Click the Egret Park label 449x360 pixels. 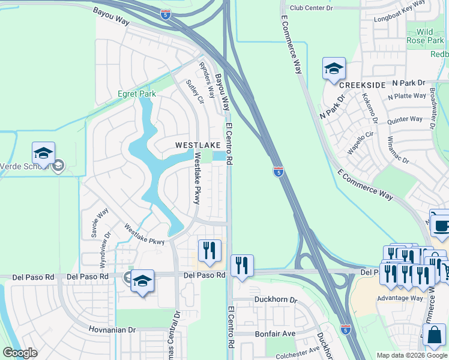tap(136, 94)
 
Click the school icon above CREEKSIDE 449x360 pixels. tap(334, 69)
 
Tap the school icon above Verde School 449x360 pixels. tap(43, 154)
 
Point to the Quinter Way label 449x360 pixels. tap(405, 119)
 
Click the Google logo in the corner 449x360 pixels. tap(20, 353)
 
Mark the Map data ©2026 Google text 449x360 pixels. tap(412, 355)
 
